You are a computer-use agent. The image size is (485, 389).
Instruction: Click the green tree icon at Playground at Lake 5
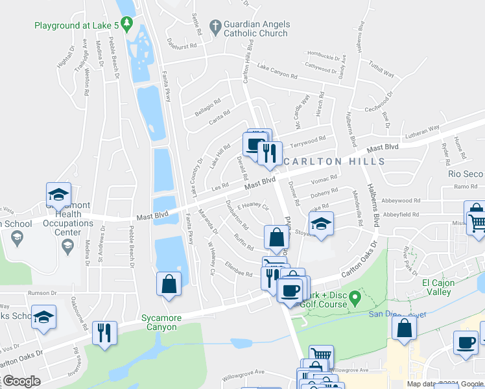(128, 25)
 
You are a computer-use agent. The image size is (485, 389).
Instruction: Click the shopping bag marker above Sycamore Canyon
(169, 285)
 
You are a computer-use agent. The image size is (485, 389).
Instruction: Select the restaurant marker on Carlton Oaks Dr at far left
(104, 333)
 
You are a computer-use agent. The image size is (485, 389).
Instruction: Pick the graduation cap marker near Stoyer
(321, 224)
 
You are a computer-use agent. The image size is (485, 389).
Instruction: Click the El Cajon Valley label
(445, 287)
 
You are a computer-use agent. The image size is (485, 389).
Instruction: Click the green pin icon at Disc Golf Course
(354, 298)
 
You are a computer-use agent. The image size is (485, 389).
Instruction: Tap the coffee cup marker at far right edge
(465, 342)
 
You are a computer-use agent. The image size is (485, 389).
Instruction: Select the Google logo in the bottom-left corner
(21, 381)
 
